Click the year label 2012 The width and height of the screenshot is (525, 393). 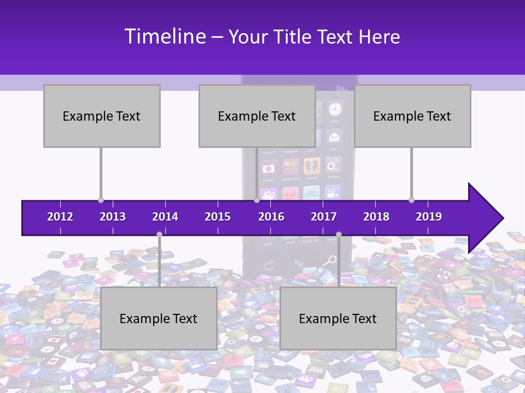[x=60, y=217]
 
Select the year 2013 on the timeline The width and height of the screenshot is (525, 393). [x=113, y=217]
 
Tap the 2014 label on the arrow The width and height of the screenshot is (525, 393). [x=165, y=217]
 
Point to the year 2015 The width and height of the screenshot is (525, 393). [x=218, y=217]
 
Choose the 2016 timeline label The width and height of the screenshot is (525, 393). [x=271, y=217]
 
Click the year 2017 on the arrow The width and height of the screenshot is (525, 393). [x=324, y=217]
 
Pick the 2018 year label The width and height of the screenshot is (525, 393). [x=376, y=217]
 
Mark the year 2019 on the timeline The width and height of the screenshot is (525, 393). [x=429, y=217]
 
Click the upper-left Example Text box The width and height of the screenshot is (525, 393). [x=102, y=116]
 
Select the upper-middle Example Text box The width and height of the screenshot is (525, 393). [x=257, y=116]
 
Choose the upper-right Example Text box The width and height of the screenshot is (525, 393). [x=412, y=116]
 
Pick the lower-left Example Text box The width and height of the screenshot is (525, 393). [x=159, y=318]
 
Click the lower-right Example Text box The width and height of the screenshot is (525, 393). [x=338, y=318]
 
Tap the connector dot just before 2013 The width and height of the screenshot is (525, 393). [x=101, y=200]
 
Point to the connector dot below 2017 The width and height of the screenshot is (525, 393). [x=339, y=234]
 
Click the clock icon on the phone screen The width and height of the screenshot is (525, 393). [x=334, y=109]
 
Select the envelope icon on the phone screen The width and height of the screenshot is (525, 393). [x=334, y=136]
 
